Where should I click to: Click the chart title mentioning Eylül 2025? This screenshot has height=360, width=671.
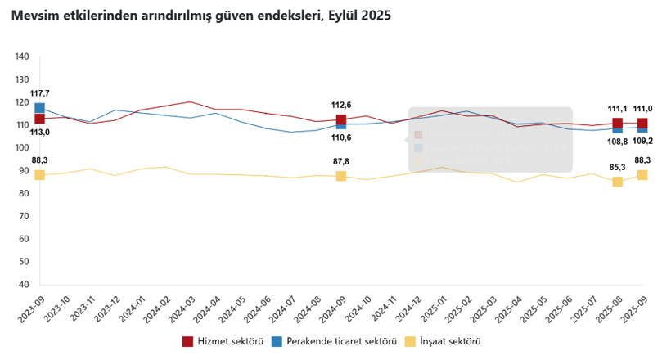pyautogui.click(x=200, y=16)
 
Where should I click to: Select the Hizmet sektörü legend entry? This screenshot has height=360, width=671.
pyautogui.click(x=222, y=341)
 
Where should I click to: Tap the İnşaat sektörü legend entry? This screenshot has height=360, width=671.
pyautogui.click(x=443, y=341)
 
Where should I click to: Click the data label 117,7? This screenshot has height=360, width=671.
pyautogui.click(x=39, y=93)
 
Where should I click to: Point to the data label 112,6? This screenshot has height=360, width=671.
pyautogui.click(x=340, y=105)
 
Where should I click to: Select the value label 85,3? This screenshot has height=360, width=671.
pyautogui.click(x=618, y=167)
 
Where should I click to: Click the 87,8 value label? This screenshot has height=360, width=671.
pyautogui.click(x=340, y=161)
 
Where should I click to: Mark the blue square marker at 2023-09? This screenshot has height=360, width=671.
pyautogui.click(x=39, y=107)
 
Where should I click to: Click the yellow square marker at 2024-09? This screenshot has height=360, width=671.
pyautogui.click(x=341, y=176)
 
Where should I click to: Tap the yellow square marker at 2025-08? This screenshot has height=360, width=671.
pyautogui.click(x=618, y=182)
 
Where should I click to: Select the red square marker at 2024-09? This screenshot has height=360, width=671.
pyautogui.click(x=341, y=119)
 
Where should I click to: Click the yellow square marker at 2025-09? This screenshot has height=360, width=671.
pyautogui.click(x=642, y=175)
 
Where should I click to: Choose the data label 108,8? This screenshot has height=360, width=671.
pyautogui.click(x=618, y=142)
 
